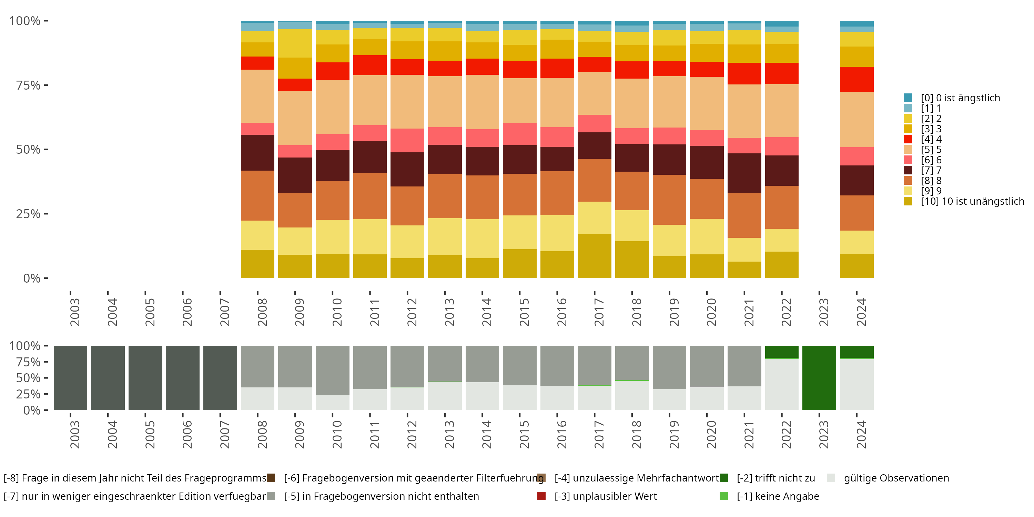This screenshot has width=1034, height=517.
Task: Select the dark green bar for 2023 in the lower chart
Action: [819, 378]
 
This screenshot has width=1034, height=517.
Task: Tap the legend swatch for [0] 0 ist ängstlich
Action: [908, 98]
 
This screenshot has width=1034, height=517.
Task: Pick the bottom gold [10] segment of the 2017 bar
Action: [595, 256]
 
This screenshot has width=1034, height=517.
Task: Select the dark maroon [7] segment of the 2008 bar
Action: [257, 153]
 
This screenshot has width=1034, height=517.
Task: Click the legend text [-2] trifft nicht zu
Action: [775, 478]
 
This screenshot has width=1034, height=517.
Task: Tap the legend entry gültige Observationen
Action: [896, 478]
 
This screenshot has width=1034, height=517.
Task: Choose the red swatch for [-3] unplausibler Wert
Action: [541, 496]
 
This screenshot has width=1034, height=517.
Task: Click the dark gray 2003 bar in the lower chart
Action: [70, 378]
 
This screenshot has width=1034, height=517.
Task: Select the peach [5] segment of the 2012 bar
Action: [407, 102]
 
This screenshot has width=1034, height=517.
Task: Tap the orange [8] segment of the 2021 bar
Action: [744, 215]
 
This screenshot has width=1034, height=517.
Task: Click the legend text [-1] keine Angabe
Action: [778, 496]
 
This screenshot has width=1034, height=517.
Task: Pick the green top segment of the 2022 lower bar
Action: [781, 351]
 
